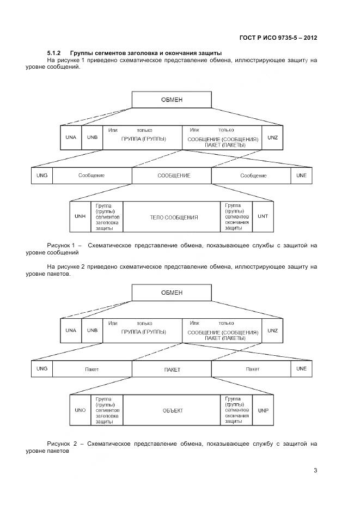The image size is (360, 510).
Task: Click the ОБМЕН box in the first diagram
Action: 172,100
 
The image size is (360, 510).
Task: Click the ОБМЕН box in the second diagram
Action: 172,293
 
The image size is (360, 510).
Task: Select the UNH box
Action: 80,216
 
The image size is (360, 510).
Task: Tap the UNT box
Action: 263,216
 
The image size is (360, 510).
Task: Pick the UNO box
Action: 80,410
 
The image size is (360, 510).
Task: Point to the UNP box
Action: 263,410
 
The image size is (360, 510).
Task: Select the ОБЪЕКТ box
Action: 172,410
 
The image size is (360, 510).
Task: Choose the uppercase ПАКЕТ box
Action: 172,369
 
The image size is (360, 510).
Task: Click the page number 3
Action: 315,471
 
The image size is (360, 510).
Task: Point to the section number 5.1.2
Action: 56,52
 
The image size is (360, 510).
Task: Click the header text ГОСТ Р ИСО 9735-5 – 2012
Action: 278,38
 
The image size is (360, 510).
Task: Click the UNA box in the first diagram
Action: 71,137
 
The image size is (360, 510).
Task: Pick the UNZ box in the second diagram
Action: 273,331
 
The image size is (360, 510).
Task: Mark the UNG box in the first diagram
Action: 42,175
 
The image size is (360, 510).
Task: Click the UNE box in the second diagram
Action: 301,369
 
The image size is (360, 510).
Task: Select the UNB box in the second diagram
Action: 92,331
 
